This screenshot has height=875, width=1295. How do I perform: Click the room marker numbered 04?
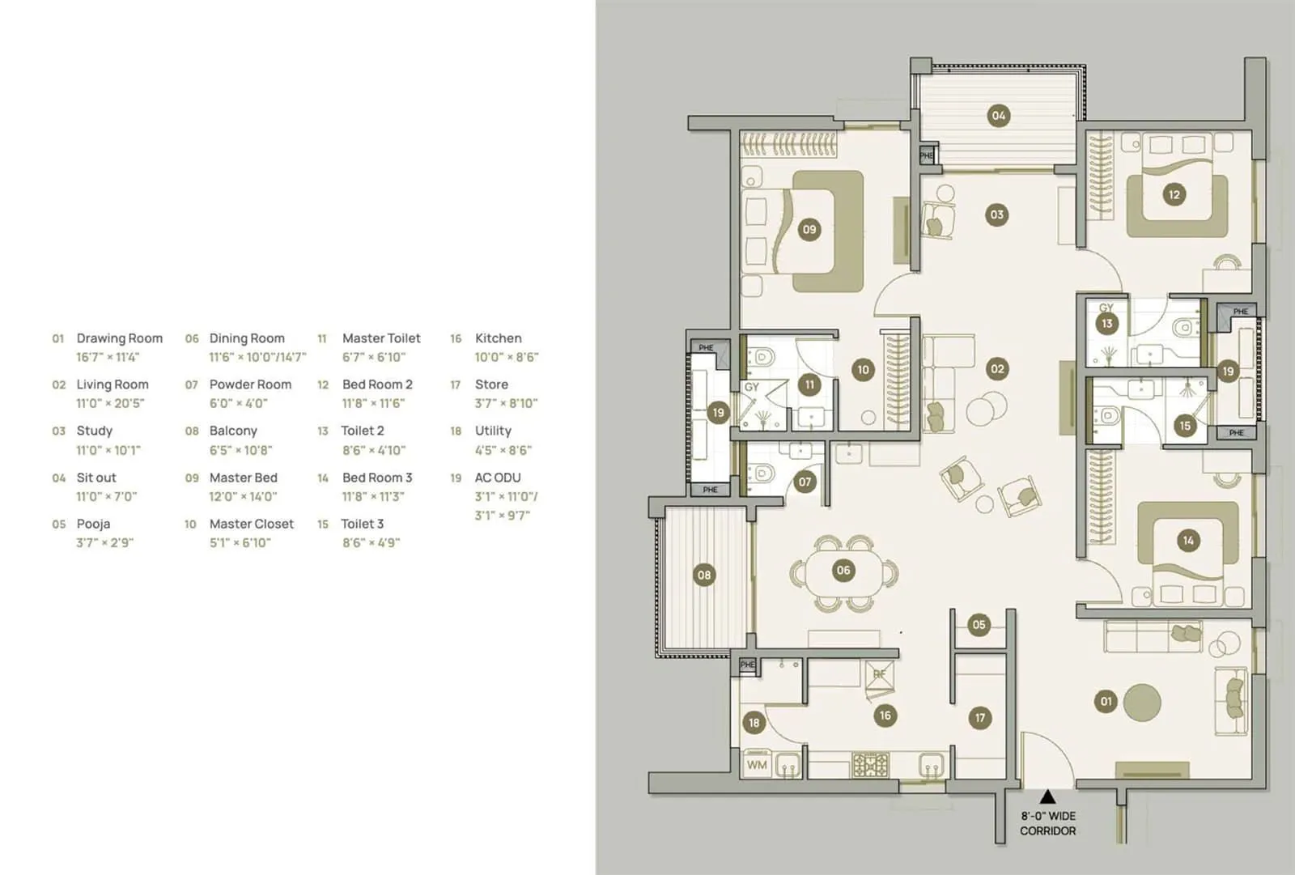[x=999, y=116]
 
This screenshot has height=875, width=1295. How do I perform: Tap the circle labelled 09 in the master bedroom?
[x=809, y=229]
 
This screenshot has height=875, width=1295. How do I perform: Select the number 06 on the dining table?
[x=843, y=571]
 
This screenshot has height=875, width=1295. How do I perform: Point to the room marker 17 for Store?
[x=980, y=717]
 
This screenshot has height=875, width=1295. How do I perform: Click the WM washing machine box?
[x=757, y=765]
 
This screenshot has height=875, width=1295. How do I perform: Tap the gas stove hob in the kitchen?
[x=870, y=765]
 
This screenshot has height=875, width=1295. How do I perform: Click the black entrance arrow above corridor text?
[x=1047, y=796]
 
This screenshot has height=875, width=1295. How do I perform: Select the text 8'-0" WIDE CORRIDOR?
[x=1047, y=823]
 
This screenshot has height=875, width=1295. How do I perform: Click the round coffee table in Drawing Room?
[x=1142, y=703]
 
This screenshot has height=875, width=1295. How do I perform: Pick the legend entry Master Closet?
[x=251, y=524]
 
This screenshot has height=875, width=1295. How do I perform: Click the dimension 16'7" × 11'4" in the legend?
[x=108, y=357]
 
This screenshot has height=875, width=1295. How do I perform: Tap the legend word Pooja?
[x=93, y=524]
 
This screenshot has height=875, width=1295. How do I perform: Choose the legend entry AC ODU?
[x=498, y=478]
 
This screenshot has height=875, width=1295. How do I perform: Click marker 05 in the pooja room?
[x=979, y=624]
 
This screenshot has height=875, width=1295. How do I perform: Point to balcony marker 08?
[x=704, y=576]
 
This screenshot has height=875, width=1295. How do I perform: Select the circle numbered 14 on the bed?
[x=1188, y=540]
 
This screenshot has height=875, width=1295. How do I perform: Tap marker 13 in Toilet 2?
[x=1106, y=324]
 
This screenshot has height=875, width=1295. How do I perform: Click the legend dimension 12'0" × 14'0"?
[x=243, y=496]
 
